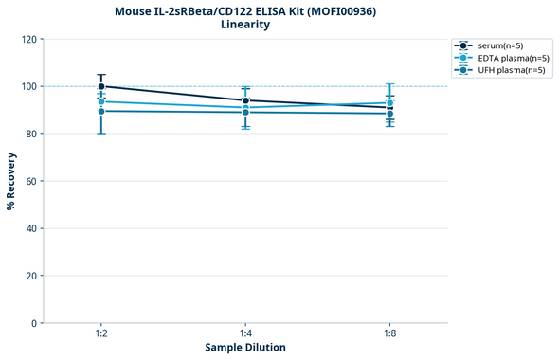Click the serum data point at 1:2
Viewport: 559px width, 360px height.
(101, 86)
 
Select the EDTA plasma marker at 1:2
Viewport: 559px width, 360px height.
(101, 101)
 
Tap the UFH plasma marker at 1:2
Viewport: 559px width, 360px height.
(101, 111)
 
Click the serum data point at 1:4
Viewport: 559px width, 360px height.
(245, 100)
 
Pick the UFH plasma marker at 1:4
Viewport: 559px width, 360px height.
(245, 112)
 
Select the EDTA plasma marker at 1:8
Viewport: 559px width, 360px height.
(389, 102)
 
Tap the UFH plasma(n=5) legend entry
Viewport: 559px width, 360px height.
(503, 70)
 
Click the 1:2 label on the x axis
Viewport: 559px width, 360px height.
(101, 334)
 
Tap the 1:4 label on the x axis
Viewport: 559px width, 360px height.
(245, 334)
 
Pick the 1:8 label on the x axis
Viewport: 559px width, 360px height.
(389, 334)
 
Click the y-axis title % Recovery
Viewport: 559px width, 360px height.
(11, 181)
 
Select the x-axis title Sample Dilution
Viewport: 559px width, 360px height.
(245, 348)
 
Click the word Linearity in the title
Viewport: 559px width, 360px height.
(245, 25)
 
